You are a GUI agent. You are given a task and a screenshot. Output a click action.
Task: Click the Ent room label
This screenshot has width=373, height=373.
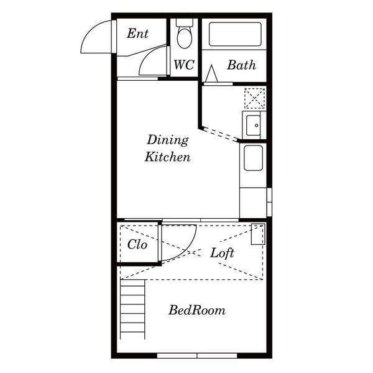(137, 34)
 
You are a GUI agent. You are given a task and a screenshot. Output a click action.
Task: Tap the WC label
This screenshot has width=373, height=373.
(184, 65)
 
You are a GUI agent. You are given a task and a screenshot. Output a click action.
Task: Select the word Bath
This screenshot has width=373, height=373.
(241, 65)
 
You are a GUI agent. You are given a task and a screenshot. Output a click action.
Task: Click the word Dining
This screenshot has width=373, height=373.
(168, 140)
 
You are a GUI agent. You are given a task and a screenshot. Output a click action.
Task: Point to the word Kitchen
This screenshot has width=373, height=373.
(168, 157)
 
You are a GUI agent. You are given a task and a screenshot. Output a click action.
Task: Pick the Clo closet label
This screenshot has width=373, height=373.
(137, 244)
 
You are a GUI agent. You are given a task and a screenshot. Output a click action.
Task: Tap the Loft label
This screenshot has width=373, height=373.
(222, 253)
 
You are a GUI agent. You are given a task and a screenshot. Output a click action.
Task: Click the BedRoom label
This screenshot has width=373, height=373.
(197, 310)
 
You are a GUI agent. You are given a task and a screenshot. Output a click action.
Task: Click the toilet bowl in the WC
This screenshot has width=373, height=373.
(185, 37)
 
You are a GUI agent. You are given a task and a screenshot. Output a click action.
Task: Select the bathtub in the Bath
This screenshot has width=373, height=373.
(235, 34)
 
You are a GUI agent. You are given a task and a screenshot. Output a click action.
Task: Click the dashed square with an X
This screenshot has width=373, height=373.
(255, 98)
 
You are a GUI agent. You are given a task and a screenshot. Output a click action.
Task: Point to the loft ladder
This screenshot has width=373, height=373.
(132, 309)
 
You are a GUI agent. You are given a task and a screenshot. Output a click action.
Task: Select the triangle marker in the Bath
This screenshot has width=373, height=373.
(211, 73)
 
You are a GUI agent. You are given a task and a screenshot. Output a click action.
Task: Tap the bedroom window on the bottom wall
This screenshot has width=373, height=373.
(197, 356)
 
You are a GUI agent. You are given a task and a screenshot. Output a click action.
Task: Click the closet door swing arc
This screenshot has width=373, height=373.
(188, 250)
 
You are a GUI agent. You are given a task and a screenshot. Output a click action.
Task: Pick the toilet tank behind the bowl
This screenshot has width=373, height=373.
(185, 22)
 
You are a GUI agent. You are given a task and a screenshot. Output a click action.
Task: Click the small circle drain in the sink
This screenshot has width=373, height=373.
(256, 126)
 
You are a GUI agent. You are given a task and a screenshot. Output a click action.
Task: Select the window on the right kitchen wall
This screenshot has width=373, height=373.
(269, 202)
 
